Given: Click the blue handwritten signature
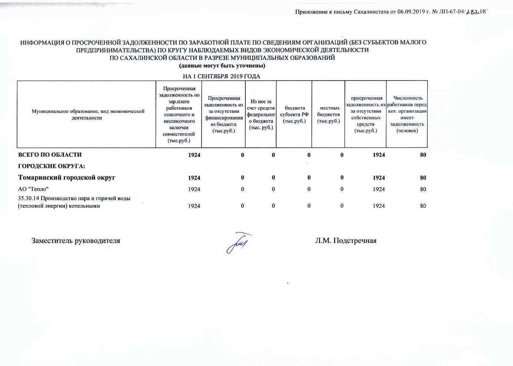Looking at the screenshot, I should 238,242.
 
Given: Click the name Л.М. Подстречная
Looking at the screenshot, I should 346,241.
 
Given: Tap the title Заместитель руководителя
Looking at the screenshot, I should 76,241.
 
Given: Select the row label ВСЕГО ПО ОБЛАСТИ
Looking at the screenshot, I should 50,154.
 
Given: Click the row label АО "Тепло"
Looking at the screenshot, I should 33,189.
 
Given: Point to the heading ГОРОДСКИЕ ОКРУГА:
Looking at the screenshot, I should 52,166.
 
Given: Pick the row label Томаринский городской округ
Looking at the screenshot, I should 67,177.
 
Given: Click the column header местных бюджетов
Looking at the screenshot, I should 329,114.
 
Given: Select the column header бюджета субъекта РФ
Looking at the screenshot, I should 294,114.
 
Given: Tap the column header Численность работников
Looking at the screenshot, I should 407,114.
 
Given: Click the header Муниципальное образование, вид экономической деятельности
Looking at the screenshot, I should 88,114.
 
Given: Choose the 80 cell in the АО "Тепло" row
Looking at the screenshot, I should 423,189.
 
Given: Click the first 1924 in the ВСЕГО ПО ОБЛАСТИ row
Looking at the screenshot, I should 194,155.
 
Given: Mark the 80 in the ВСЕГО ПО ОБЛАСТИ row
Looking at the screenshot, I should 423,155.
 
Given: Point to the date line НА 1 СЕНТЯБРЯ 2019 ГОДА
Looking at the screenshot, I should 222,76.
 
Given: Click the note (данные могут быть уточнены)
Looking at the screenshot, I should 222,66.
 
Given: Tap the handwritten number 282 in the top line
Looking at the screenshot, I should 473,12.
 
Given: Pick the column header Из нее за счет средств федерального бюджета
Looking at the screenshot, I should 261,114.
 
